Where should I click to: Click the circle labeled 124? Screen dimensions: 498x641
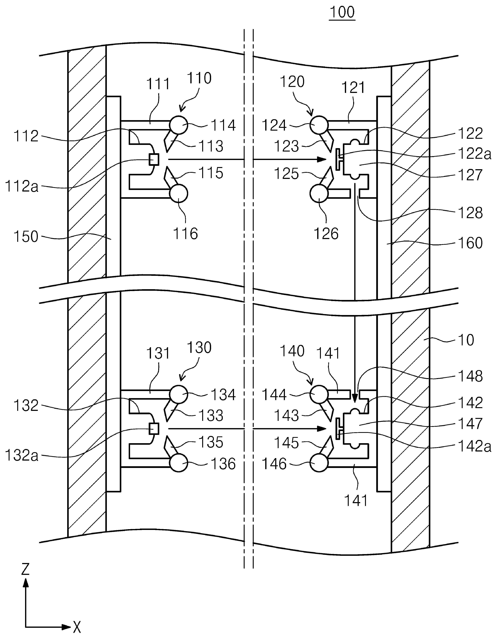click(x=319, y=125)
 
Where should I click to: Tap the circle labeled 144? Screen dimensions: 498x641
click(x=319, y=394)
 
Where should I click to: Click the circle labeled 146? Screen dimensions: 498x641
click(x=319, y=463)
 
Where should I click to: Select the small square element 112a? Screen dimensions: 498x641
click(x=154, y=159)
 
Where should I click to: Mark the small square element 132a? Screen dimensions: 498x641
click(x=154, y=429)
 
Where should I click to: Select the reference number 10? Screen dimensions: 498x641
click(x=466, y=340)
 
